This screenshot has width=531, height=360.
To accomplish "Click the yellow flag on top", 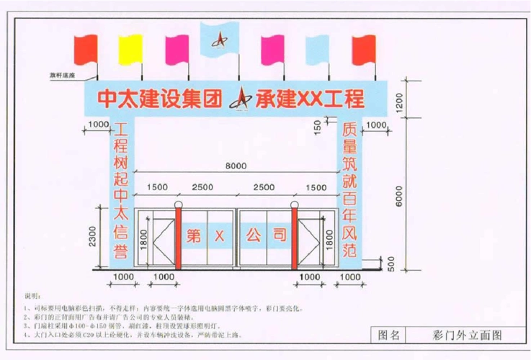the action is [x=130, y=49].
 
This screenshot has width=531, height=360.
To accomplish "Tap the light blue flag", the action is [x=318, y=50].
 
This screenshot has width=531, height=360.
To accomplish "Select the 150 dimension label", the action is [x=318, y=127].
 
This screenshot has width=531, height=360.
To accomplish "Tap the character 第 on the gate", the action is [x=193, y=235].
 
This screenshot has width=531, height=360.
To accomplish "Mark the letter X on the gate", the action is [x=218, y=235].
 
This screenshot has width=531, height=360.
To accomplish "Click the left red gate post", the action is [x=178, y=237].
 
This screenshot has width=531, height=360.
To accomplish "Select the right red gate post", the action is [x=294, y=237].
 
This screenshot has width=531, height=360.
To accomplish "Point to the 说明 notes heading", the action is [x=33, y=296].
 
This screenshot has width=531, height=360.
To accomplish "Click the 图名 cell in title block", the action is [x=388, y=335].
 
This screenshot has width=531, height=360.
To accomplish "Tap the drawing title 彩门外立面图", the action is [x=466, y=335].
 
